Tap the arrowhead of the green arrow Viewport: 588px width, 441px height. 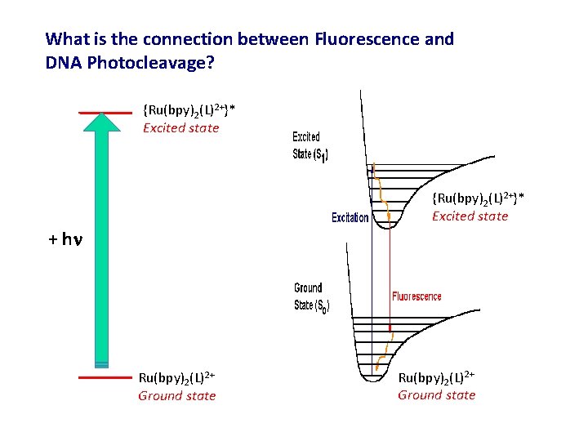tap(102, 122)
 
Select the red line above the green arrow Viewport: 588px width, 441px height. tap(105, 112)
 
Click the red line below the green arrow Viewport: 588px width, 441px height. tap(105, 378)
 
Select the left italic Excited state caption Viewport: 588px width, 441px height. tap(181, 127)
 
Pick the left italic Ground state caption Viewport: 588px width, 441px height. tap(177, 396)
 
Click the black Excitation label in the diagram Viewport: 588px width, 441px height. tap(350, 218)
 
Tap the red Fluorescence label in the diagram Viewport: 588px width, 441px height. tap(416, 296)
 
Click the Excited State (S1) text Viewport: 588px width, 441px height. tap(310, 146)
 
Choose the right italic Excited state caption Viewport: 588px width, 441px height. tap(470, 216)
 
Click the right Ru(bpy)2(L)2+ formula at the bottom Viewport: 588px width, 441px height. tap(437, 377)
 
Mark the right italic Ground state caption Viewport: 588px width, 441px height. tap(437, 395)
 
